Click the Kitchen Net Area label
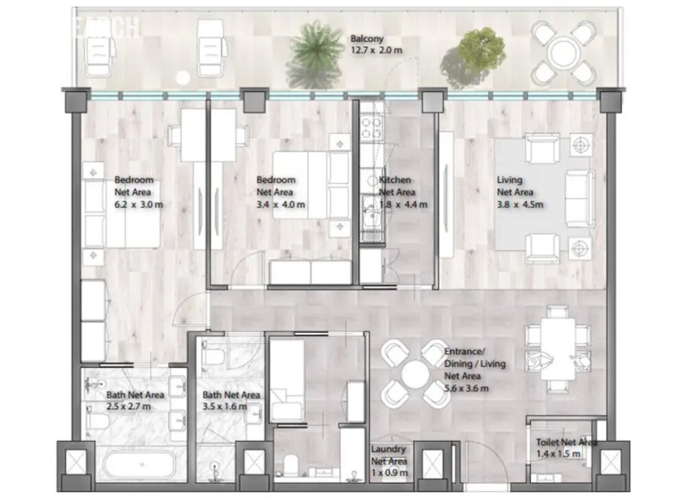coord(396,186)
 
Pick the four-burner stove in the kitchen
coord(372,127)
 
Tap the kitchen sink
coord(370,218)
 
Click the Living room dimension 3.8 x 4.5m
coord(520,205)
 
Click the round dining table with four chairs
coord(415,373)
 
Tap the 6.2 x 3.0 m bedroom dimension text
coord(139,205)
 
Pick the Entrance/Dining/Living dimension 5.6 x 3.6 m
coord(466,389)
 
